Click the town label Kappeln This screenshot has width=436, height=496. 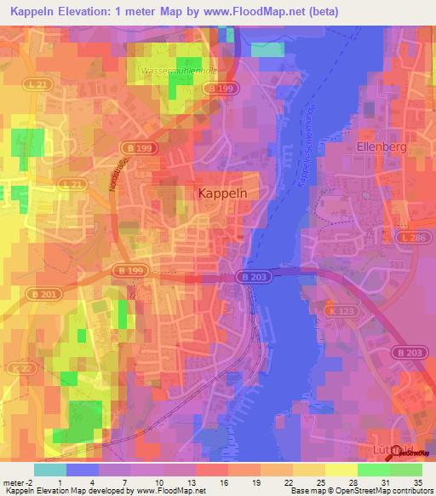222,193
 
